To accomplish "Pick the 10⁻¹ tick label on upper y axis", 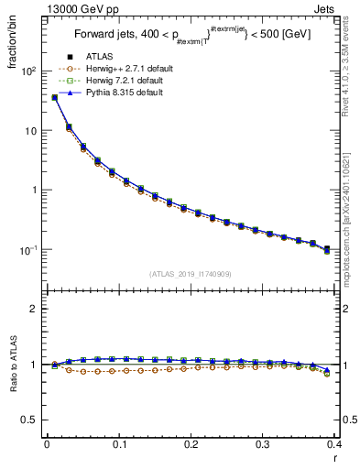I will click(27, 250).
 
